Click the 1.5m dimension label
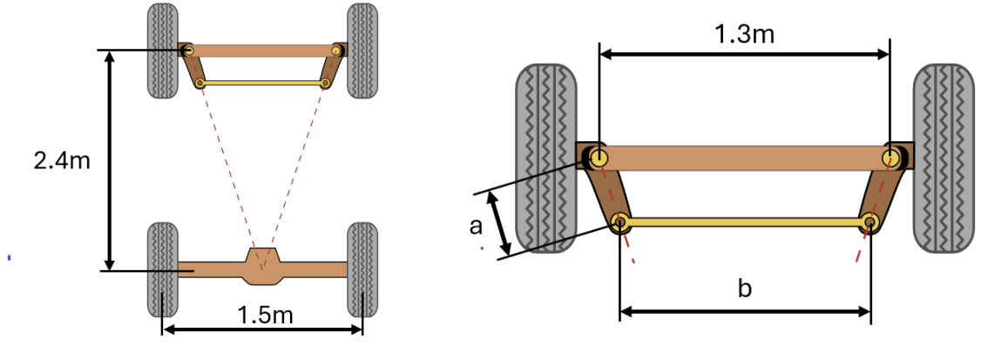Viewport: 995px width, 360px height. [x=265, y=315]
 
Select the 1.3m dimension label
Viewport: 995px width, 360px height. [x=744, y=34]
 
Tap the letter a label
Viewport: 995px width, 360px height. [x=476, y=227]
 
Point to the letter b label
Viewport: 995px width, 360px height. [x=744, y=289]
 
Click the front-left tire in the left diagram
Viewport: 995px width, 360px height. [x=161, y=50]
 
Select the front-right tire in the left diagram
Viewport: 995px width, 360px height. [x=362, y=50]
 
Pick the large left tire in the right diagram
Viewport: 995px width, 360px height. [x=546, y=159]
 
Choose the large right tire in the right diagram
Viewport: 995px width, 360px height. [x=944, y=159]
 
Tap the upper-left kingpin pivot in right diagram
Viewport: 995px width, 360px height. [x=599, y=158]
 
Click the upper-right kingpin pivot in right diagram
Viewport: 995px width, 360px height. [x=890, y=158]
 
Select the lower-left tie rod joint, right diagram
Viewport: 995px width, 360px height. [x=619, y=221]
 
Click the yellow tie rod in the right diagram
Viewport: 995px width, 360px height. [x=744, y=222]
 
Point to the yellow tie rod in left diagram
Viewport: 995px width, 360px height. [x=262, y=83]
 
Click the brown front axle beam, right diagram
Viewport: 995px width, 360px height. [x=744, y=158]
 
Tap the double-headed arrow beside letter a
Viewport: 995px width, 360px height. [x=500, y=224]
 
